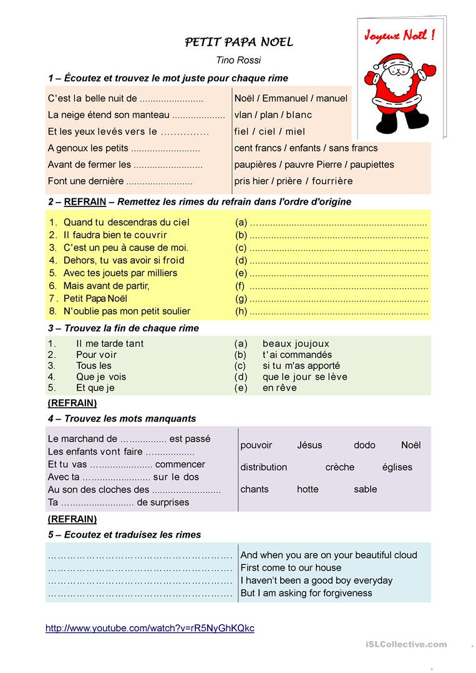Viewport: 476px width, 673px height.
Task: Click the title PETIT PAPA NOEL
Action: (239, 42)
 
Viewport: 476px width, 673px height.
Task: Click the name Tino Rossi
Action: (238, 61)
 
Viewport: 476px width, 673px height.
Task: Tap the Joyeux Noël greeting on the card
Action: (399, 36)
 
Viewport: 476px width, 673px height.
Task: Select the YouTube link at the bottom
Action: (150, 629)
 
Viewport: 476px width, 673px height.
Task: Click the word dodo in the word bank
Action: (364, 445)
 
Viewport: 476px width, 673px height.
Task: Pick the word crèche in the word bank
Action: (339, 467)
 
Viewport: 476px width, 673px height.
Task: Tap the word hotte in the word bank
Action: (308, 489)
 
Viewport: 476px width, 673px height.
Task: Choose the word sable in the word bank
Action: (365, 489)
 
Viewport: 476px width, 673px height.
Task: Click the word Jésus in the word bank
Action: (309, 445)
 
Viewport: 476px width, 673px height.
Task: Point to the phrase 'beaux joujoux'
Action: (296, 344)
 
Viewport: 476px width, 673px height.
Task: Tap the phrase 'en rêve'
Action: (279, 388)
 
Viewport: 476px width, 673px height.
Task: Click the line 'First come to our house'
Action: (291, 568)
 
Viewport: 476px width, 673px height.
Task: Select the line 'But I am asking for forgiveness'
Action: (306, 593)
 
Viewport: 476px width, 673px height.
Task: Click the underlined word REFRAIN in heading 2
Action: (85, 202)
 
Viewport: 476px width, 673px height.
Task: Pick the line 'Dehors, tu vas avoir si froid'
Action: (124, 260)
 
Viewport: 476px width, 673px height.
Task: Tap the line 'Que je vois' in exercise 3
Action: (101, 377)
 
